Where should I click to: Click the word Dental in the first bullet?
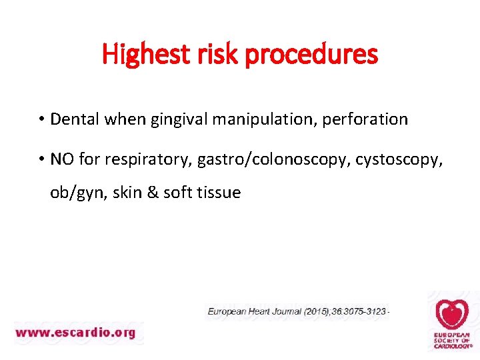point(73,119)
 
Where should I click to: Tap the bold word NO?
point(62,159)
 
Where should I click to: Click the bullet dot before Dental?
point(41,120)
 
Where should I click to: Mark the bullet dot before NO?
point(41,160)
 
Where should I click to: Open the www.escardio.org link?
point(75,332)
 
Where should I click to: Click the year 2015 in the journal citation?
point(315,311)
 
